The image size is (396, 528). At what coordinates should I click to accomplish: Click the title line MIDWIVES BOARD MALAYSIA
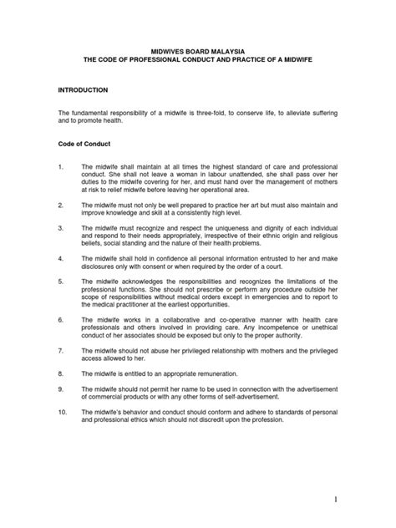pyautogui.click(x=198, y=52)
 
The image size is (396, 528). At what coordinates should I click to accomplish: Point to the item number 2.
pyautogui.click(x=61, y=203)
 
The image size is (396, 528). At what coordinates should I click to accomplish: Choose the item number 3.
pyautogui.click(x=61, y=228)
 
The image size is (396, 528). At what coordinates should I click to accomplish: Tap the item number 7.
pyautogui.click(x=61, y=354)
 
